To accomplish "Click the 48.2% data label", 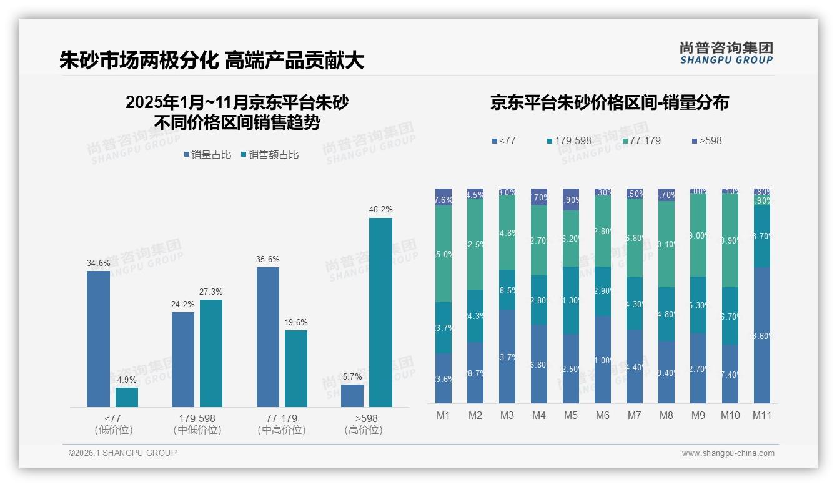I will [380, 210].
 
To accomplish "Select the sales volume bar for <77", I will [98, 339].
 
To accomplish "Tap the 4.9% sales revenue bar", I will [127, 398].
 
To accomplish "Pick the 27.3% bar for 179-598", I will [211, 353].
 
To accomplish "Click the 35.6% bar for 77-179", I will [268, 337].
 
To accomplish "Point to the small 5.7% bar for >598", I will [352, 396].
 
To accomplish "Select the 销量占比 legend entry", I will [209, 155].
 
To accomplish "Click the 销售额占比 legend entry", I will [269, 155].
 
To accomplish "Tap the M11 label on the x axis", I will [761, 415].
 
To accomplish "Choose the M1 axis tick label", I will [443, 415].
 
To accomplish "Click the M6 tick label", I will [602, 415].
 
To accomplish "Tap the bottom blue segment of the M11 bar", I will [761, 335].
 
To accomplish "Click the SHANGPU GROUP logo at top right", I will [726, 53].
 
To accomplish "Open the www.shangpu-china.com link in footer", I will [728, 453].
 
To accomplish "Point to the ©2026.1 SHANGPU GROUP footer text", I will [122, 453].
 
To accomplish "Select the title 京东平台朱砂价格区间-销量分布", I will [609, 103].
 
